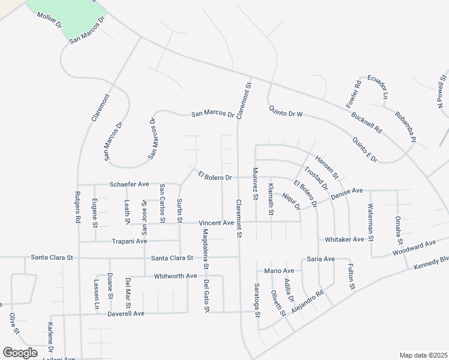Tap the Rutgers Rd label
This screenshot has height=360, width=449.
tap(77, 208)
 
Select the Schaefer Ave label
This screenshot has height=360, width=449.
tap(128, 184)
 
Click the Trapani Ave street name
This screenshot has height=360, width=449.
tap(130, 241)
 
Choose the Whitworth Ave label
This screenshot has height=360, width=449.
tap(175, 275)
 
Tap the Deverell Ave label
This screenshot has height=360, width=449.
tap(126, 313)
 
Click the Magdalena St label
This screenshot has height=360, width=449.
tap(205, 248)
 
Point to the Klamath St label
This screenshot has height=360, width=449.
tap(271, 199)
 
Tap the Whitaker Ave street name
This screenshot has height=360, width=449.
tap(344, 239)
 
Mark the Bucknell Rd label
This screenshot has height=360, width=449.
tap(367, 121)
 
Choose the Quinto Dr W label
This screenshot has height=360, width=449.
tap(286, 112)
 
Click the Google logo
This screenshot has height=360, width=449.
tap(20, 352)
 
